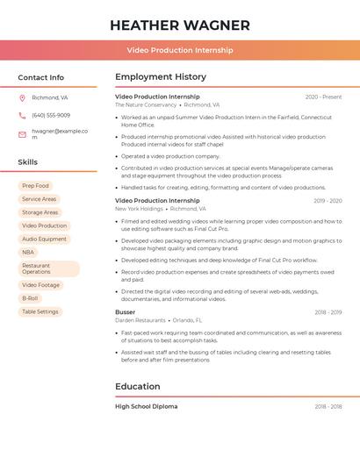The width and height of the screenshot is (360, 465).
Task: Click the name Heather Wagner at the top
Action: click(179, 25)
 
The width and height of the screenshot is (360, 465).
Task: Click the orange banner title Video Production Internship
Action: click(179, 51)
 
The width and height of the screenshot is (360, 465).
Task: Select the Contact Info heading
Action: click(40, 77)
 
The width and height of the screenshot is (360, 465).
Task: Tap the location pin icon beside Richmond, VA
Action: click(23, 98)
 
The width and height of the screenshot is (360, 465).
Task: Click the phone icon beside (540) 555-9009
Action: click(23, 116)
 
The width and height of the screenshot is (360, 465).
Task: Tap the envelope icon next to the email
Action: click(23, 133)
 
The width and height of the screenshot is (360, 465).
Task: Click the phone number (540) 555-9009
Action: click(51, 116)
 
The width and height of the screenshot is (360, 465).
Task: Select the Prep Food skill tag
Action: click(35, 186)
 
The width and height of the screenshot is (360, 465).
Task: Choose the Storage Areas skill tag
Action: click(40, 212)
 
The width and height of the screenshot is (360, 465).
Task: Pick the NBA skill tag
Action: click(28, 252)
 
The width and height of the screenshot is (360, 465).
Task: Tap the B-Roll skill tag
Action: click(30, 298)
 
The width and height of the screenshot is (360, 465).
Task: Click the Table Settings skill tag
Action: click(40, 311)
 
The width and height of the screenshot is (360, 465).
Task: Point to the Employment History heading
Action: click(161, 77)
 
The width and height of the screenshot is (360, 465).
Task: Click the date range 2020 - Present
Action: click(323, 97)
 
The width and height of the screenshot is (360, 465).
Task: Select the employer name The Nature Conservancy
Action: click(146, 105)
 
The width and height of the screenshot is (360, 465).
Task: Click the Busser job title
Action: click(126, 312)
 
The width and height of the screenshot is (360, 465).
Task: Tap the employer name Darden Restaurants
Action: click(140, 320)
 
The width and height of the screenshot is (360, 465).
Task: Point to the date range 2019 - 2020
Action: click(328, 201)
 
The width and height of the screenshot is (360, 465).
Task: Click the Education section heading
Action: click(138, 386)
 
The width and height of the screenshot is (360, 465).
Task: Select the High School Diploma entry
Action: click(147, 407)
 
